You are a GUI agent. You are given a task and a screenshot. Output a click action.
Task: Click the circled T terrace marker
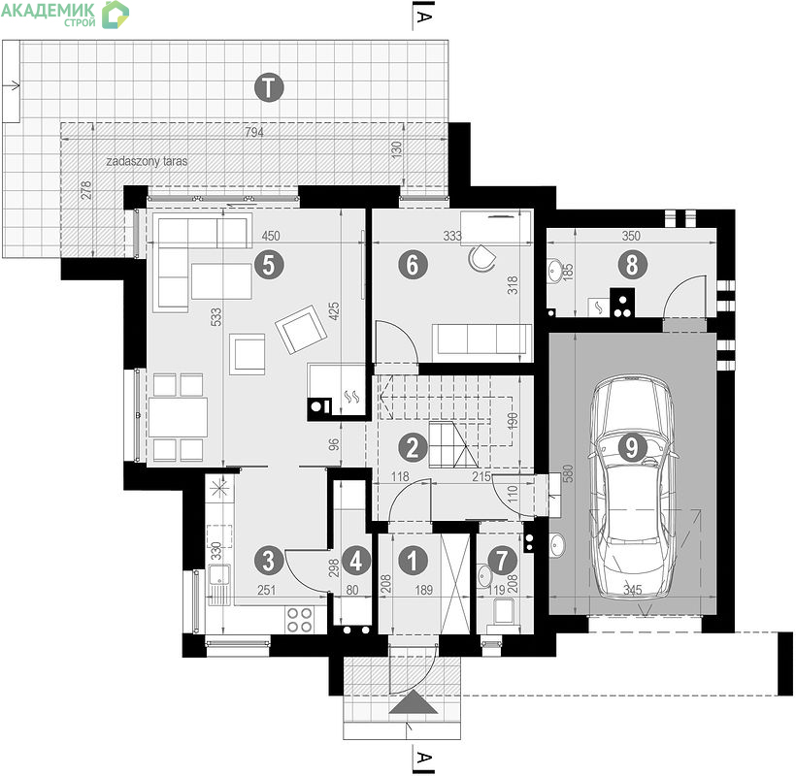[269, 87]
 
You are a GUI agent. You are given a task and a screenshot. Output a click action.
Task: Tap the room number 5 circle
[269, 264]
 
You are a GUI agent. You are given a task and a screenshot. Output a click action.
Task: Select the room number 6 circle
[413, 264]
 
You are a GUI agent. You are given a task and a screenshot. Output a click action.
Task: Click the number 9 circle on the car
[632, 447]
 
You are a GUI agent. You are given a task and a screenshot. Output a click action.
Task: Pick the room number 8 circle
[632, 264]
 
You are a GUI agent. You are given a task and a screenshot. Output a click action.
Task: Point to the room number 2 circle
[413, 447]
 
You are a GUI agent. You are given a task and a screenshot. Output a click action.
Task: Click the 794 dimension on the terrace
[254, 132]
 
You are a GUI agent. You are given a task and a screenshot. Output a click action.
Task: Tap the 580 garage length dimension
[569, 473]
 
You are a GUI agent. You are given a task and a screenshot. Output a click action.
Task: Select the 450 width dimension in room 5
[271, 236]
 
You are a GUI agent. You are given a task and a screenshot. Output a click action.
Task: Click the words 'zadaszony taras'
[147, 161]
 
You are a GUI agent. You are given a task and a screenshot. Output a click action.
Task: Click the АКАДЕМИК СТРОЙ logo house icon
[116, 15]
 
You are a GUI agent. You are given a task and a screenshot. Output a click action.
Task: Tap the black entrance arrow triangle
[414, 701]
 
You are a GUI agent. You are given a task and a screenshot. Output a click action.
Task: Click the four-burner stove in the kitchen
[300, 620]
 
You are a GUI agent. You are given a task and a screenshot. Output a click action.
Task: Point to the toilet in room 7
[503, 615]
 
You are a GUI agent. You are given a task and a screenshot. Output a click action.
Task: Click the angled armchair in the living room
[301, 329]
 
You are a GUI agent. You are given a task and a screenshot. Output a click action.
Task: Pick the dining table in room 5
[179, 417]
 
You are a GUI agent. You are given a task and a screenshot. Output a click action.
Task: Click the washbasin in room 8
[555, 270]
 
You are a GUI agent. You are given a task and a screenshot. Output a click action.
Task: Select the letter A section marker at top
[423, 16]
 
